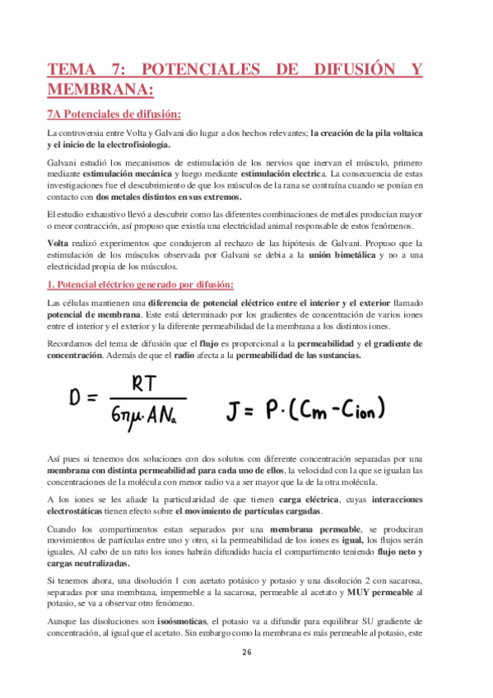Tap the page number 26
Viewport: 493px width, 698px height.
click(246, 652)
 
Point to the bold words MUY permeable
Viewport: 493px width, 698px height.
click(383, 592)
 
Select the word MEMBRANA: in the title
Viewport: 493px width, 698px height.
click(100, 88)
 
